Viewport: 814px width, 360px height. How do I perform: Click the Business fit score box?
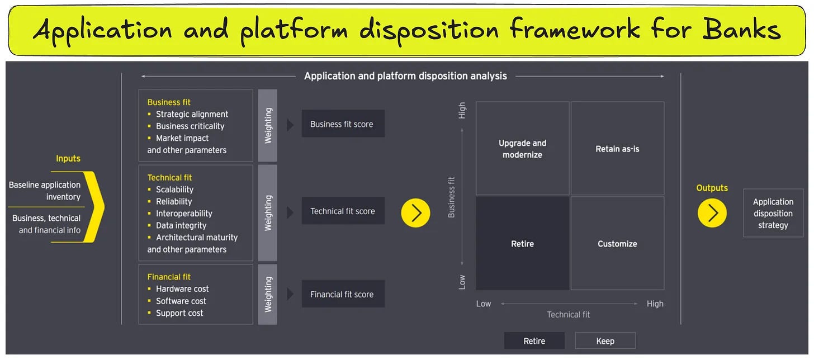[343, 124]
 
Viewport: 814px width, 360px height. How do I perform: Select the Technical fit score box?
[343, 211]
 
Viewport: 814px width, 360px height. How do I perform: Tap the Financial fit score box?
[343, 294]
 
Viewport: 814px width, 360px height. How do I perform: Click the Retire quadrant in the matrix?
[522, 244]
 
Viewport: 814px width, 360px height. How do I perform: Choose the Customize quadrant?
[617, 244]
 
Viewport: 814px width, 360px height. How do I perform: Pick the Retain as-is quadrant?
[617, 149]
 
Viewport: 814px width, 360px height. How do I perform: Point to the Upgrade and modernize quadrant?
[522, 149]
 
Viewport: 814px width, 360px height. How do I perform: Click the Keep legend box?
[605, 340]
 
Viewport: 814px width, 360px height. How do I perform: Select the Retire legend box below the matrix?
[534, 340]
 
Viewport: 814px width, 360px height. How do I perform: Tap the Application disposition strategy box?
[773, 213]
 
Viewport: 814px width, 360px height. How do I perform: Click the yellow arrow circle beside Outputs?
[712, 212]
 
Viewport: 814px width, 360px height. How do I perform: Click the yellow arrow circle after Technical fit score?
[415, 212]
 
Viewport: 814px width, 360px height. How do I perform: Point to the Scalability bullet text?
[174, 190]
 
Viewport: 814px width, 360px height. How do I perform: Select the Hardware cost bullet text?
[182, 288]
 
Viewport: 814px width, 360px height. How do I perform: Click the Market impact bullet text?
[182, 138]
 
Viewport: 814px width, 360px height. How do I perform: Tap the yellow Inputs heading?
[68, 159]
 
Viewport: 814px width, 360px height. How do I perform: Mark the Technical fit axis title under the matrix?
[568, 315]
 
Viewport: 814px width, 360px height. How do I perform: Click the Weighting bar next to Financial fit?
[268, 294]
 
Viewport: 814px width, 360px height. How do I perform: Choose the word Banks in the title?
[741, 29]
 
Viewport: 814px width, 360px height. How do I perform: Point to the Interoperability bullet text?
[184, 213]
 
